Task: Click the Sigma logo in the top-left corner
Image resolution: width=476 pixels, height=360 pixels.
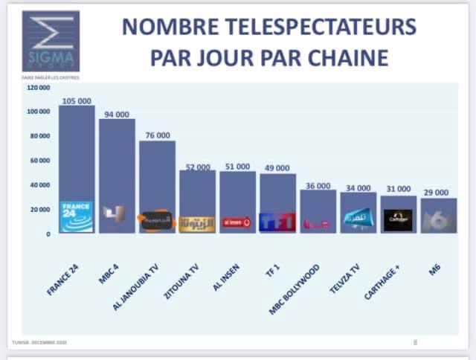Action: click(51, 41)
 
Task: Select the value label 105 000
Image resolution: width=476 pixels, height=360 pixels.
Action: click(76, 99)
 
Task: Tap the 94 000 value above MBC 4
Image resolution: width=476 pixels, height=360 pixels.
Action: click(117, 115)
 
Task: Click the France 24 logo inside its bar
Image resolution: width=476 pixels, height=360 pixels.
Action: click(77, 217)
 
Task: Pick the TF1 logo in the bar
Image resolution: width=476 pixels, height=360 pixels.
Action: click(277, 221)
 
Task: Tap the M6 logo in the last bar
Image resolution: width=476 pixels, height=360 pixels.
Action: click(438, 221)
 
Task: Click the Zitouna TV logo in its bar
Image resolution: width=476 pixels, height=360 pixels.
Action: click(197, 222)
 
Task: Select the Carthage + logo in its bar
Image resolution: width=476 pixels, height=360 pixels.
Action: click(398, 219)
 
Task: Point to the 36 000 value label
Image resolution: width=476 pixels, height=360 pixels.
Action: click(318, 186)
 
